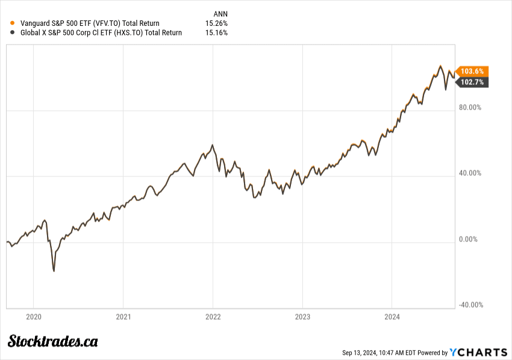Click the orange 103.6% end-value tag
472,71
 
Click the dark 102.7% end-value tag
472,82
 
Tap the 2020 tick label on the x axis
34,317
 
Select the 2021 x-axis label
123,317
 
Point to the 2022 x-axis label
213,317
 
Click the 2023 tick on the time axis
302,317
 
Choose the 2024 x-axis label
392,317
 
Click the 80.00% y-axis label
470,108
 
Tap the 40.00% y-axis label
470,173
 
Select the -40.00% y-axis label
470,305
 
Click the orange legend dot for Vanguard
13,23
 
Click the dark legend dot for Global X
13,33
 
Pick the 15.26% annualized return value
216,23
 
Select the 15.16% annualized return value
216,33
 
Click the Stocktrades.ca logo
53,341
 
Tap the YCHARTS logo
479,352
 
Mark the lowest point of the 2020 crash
54,271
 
